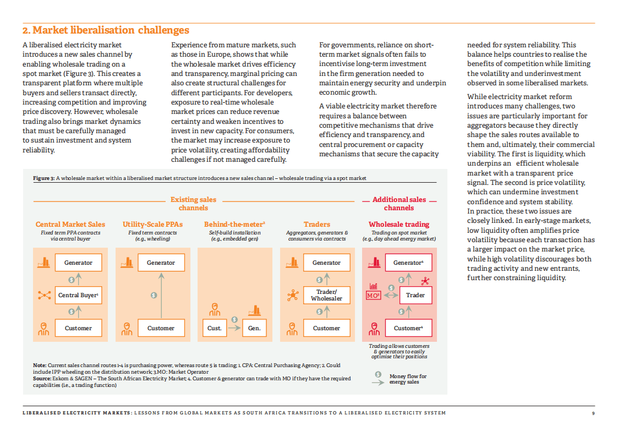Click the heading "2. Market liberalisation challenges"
106,30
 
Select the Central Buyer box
78,295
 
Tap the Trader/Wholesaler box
326,295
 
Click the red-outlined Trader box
415,295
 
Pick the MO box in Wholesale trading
373,296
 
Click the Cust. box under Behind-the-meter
215,328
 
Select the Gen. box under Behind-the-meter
254,328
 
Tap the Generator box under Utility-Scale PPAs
161,263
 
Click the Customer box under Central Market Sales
78,328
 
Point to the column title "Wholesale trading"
399,225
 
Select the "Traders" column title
317,225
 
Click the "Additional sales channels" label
399,204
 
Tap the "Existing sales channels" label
193,204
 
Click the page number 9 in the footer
593,413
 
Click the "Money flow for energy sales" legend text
408,379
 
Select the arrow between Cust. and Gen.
234,328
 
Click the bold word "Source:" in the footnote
42,379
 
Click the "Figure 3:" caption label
44,178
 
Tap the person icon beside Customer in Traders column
292,329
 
